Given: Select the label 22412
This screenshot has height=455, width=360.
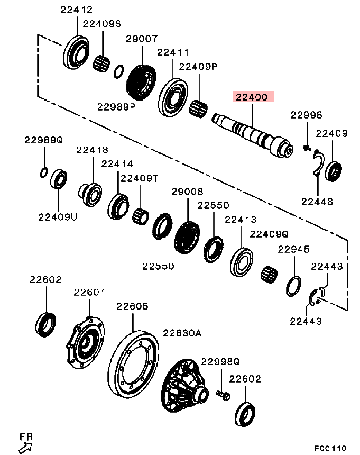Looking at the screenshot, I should click(x=76, y=10).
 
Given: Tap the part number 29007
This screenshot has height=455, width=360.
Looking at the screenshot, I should click(x=141, y=39).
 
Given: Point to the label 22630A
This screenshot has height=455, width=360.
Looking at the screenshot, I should click(x=182, y=333).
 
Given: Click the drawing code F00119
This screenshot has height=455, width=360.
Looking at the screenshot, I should click(x=330, y=448).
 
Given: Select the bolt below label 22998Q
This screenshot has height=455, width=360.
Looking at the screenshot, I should click(x=222, y=394).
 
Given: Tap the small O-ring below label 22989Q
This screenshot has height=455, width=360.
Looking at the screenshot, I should click(x=44, y=172).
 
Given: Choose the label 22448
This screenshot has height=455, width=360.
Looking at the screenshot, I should click(x=317, y=201).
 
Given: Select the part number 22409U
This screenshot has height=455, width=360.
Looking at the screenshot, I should click(x=57, y=216).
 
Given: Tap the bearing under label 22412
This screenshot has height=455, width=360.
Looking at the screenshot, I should click(x=77, y=52).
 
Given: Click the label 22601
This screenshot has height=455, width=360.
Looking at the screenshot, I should click(x=90, y=292).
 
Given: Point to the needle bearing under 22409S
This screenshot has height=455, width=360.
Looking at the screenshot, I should click(x=101, y=63).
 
